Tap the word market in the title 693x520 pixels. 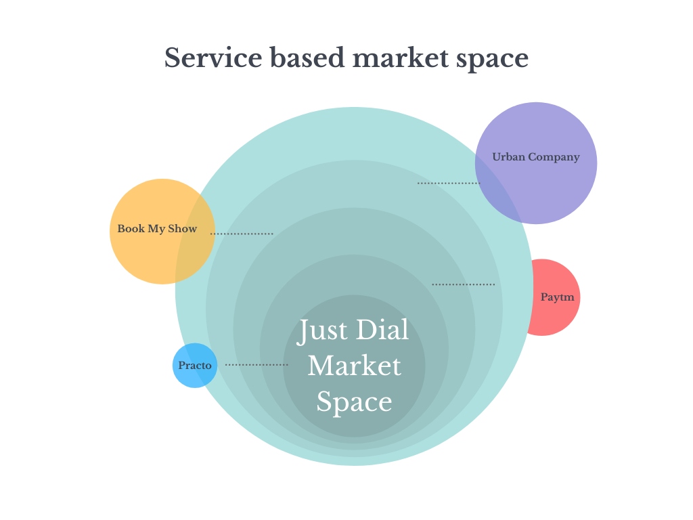click(399, 58)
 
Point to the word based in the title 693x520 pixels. click(307, 58)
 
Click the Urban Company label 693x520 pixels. click(535, 157)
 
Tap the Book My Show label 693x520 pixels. click(157, 229)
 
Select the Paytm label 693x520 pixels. click(557, 297)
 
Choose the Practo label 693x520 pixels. click(195, 366)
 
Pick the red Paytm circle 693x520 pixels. click(555, 318)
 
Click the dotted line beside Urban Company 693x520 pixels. click(449, 183)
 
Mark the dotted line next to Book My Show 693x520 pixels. click(242, 234)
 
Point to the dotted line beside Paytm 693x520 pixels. click(464, 284)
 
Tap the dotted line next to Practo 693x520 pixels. click(256, 365)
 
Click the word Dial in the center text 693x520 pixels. click(382, 330)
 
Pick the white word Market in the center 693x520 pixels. click(354, 366)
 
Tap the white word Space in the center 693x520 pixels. click(354, 402)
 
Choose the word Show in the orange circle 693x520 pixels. click(183, 229)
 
